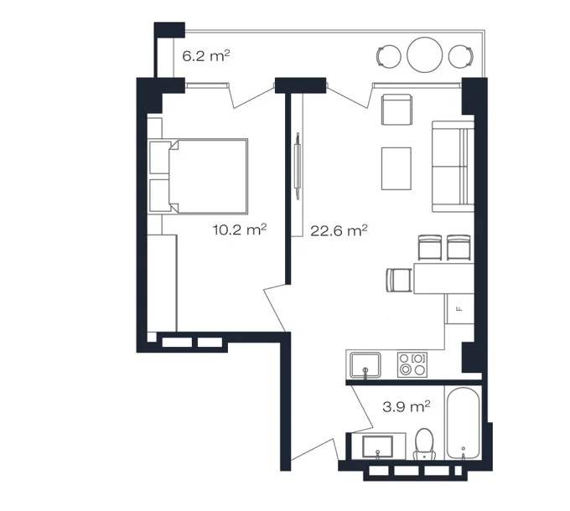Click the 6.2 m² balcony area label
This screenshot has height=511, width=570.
(205, 56)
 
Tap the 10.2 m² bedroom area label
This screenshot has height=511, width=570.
(240, 230)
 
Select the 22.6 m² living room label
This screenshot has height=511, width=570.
(339, 230)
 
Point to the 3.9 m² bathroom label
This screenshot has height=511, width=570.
(407, 406)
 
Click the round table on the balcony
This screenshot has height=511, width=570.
(425, 55)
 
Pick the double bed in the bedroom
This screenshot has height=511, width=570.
(198, 176)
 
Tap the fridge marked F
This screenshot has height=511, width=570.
(460, 309)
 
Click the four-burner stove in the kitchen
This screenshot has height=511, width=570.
(412, 364)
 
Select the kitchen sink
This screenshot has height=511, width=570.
(365, 365)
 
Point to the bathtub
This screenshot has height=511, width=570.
(463, 424)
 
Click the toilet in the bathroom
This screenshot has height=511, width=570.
(424, 445)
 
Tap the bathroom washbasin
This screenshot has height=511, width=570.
(378, 446)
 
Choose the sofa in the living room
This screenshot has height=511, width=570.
(453, 167)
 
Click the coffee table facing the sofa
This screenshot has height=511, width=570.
(396, 168)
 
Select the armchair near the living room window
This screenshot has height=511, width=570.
(396, 109)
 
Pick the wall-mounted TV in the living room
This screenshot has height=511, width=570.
(298, 166)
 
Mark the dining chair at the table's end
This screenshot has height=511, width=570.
(400, 280)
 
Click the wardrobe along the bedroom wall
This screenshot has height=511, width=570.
(162, 283)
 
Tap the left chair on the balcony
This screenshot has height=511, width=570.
(388, 56)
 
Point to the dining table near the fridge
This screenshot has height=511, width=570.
(444, 279)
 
